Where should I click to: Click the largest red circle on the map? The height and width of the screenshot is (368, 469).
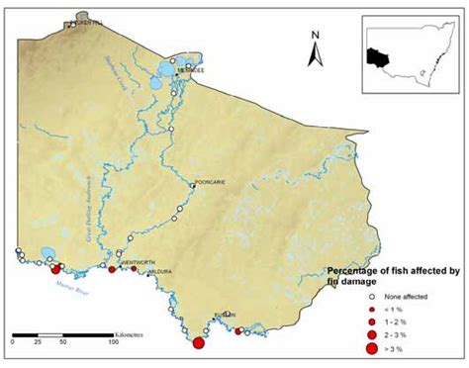click(x=198, y=343)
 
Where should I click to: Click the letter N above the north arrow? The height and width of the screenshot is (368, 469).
click(x=313, y=37)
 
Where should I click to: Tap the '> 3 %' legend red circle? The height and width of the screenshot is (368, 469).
click(x=362, y=349)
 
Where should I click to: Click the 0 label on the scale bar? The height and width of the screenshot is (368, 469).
click(x=13, y=341)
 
